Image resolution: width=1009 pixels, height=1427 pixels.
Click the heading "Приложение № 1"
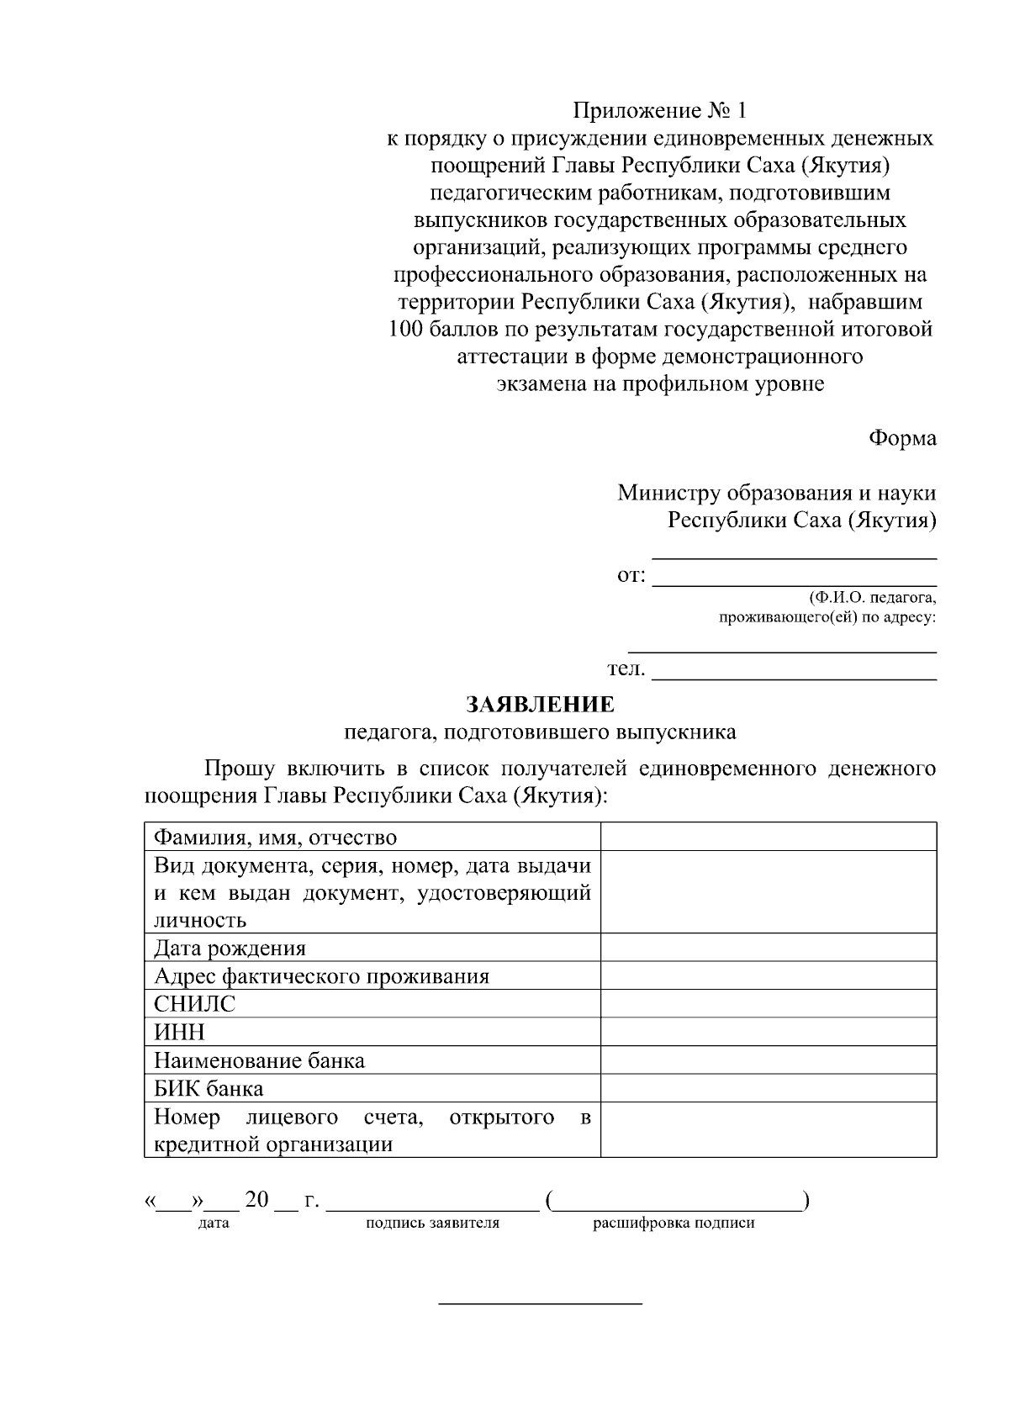point(659,111)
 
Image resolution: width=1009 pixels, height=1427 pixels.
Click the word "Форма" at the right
point(901,438)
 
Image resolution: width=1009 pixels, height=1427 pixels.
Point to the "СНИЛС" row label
point(194,1004)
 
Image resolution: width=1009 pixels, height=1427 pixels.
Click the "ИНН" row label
point(179,1032)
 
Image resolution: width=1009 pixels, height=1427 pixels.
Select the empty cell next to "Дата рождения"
point(768,948)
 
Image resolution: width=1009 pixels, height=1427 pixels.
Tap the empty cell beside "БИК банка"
point(768,1088)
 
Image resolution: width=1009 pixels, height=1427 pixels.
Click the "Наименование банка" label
point(259,1060)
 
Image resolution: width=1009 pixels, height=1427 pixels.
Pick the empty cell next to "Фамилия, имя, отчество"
point(768,837)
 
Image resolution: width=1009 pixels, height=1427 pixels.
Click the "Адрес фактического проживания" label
point(321,976)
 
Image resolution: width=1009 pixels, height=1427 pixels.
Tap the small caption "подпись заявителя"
point(432,1224)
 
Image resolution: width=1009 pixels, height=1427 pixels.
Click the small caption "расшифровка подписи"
point(674,1224)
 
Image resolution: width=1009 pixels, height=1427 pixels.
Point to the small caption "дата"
point(214,1224)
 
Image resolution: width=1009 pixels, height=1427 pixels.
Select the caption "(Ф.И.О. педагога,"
point(872,599)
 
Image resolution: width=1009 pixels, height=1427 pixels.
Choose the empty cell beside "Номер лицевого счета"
point(768,1130)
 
